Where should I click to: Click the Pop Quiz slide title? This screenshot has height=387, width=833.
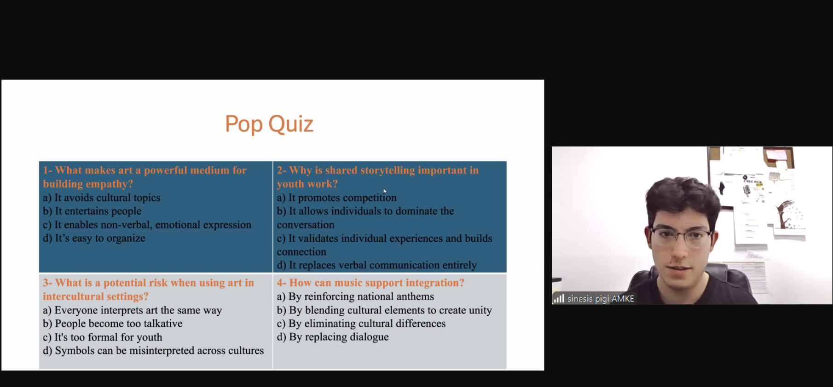click(269, 124)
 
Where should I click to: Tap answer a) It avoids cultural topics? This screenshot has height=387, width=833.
click(102, 198)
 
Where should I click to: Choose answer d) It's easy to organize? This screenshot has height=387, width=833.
click(94, 238)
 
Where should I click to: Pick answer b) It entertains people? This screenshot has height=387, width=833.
click(93, 211)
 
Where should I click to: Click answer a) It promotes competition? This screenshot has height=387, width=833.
click(337, 198)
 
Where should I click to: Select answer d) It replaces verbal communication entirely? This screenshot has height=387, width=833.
click(377, 265)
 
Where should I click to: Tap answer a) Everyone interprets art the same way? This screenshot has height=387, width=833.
click(133, 310)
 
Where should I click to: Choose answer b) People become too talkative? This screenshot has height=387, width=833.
click(113, 324)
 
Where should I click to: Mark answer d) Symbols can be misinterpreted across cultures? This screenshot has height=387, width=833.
click(153, 351)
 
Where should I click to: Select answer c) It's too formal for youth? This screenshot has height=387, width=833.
click(103, 337)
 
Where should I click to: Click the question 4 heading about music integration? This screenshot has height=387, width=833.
click(370, 283)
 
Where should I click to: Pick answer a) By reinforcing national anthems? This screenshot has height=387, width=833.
click(355, 296)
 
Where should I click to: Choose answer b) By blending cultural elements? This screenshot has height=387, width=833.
click(384, 310)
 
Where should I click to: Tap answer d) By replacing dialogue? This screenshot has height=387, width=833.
click(333, 337)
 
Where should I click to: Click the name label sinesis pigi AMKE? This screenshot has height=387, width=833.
click(601, 299)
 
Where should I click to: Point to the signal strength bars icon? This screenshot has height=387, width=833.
click(559, 298)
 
